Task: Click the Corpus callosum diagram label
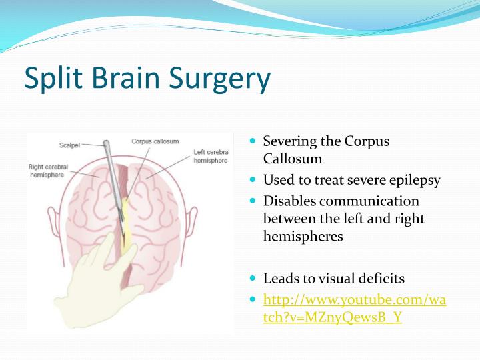[x=154, y=141]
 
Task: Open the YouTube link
[x=355, y=308]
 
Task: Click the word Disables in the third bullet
[x=289, y=201]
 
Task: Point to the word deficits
[x=381, y=279]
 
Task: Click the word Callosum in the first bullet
[x=292, y=159]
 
